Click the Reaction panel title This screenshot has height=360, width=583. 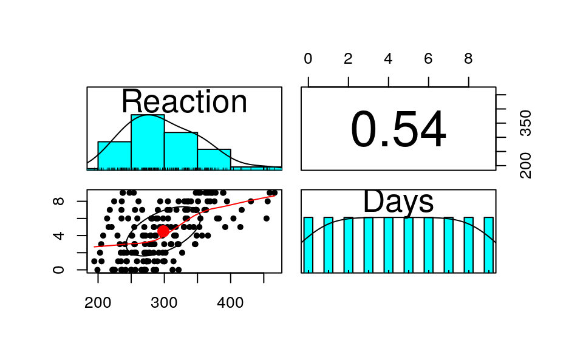[184, 101]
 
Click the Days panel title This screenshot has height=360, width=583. [398, 202]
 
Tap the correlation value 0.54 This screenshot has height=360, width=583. [398, 131]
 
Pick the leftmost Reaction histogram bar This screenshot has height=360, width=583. [114, 155]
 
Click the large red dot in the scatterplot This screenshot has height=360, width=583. [163, 231]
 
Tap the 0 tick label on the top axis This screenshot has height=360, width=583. [308, 59]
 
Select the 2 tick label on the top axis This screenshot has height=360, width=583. [348, 59]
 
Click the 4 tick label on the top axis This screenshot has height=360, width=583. [388, 59]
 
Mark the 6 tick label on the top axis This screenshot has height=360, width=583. [428, 59]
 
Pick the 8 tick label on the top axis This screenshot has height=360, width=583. [468, 59]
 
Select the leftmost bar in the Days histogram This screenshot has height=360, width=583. [308, 245]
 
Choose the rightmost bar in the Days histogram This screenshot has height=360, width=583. [488, 245]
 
